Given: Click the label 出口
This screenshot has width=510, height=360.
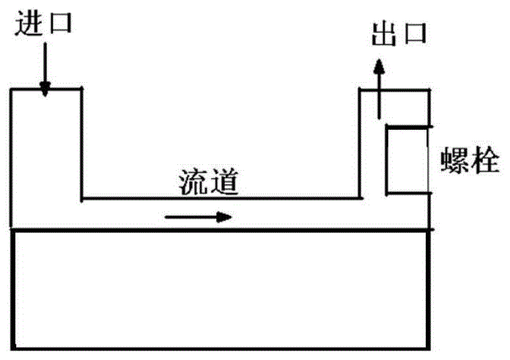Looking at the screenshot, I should pyautogui.click(x=399, y=35).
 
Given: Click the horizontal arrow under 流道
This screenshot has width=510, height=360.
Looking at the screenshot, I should pyautogui.click(x=198, y=216).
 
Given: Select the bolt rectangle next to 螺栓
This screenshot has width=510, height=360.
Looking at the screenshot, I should pyautogui.click(x=407, y=160).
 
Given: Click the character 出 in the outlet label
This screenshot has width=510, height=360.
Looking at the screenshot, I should pyautogui.click(x=383, y=35).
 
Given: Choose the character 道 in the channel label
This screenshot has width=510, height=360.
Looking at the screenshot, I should pyautogui.click(x=226, y=180).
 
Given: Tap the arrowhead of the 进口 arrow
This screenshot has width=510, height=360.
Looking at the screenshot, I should pyautogui.click(x=45, y=91).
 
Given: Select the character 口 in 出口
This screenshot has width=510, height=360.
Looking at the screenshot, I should pyautogui.click(x=415, y=36).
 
